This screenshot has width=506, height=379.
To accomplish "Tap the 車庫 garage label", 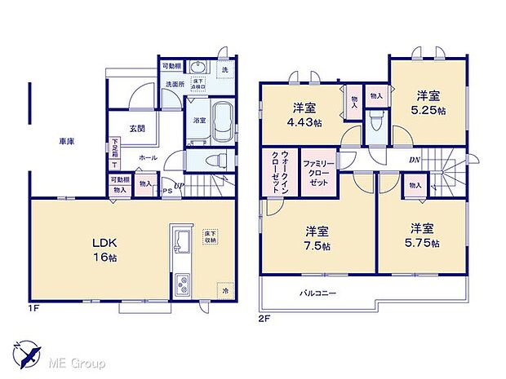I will pyautogui.click(x=66, y=142).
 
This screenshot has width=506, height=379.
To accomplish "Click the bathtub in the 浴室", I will pyautogui.click(x=222, y=119).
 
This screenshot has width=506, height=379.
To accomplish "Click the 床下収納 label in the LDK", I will pyautogui.click(x=210, y=237).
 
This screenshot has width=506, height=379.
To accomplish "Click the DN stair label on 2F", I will pyautogui.click(x=414, y=160).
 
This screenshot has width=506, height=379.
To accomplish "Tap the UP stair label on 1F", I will pyautogui.click(x=179, y=187).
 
